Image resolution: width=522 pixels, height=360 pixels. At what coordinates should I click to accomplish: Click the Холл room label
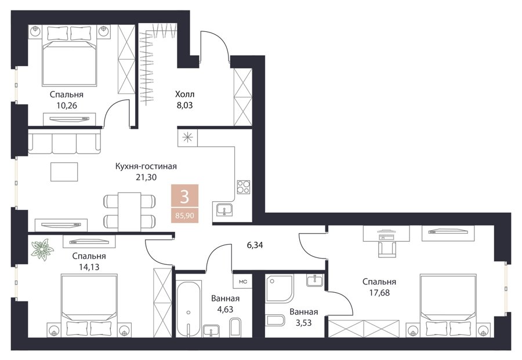pos(185,94)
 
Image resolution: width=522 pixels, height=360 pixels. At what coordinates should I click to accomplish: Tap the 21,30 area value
pos(146,177)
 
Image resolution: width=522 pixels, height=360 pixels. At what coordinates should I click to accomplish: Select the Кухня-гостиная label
pos(146,166)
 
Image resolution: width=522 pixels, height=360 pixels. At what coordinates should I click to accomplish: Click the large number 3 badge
pos(184,197)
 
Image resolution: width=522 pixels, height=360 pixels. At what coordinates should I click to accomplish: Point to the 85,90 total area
pos(184,216)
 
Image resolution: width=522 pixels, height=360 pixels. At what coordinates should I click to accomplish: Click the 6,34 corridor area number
pos(255,245)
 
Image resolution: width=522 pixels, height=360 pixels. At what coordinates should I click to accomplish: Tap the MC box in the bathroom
pos(243,282)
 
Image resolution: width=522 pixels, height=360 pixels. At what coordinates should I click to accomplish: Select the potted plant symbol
pos(42,249)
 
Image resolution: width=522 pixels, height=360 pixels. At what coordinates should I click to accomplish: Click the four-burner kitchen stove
pos(244,187)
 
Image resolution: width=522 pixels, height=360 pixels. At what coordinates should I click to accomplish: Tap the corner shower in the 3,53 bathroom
pos(280,289)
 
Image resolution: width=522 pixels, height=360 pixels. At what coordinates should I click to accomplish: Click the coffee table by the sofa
pos(64,172)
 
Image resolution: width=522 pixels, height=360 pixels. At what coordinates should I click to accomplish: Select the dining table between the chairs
pos(129,211)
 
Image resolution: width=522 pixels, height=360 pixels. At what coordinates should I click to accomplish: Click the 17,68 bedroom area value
pos(379,293)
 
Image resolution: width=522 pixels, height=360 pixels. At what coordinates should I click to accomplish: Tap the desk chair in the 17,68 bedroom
pos(387,249)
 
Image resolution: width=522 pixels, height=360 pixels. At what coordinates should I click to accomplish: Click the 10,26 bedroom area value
pos(67,106)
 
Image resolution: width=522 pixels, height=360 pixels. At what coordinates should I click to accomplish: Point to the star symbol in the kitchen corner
pos(188,137)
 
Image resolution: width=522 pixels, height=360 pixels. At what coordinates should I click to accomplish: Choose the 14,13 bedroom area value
pos(89,267)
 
